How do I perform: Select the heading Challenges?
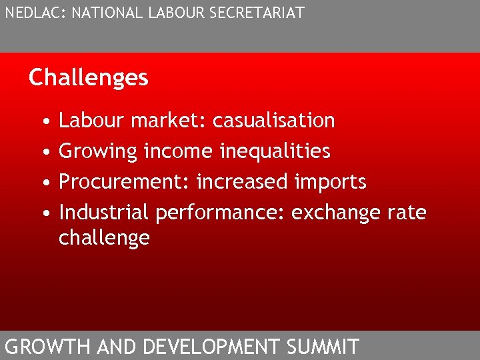click(88, 78)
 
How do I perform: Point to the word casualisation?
click(273, 121)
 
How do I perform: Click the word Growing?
click(98, 152)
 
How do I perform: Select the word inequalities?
click(275, 151)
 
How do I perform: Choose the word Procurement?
click(124, 182)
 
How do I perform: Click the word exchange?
click(337, 213)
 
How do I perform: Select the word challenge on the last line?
click(104, 239)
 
